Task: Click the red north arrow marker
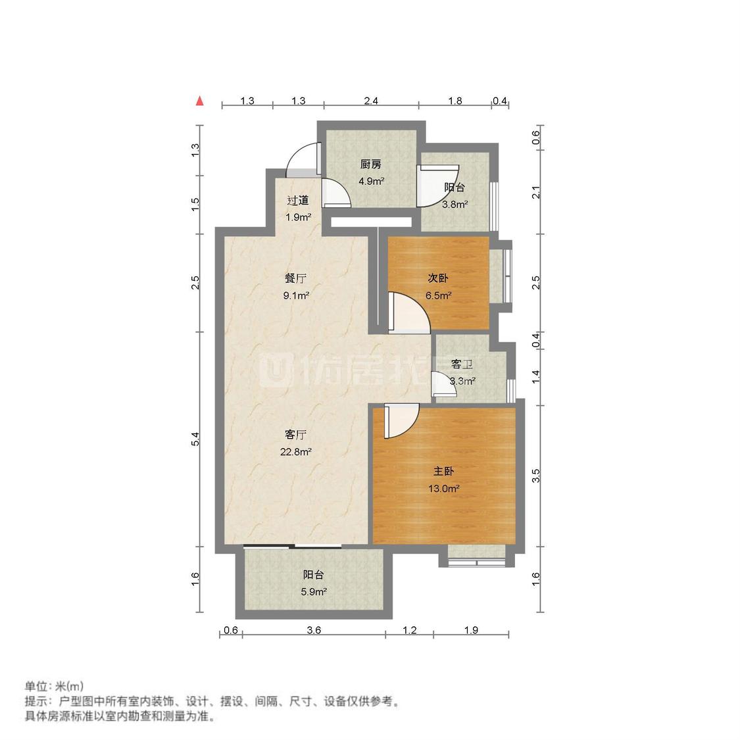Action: (199, 101)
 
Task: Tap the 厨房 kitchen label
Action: (370, 164)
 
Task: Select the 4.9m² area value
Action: (370, 181)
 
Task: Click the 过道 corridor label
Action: (297, 201)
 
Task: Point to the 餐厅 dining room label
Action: (296, 278)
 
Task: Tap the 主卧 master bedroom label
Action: (444, 472)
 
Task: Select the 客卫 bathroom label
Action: (462, 364)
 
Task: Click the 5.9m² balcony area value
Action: (314, 591)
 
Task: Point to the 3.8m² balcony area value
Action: (455, 204)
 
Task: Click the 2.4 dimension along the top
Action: (371, 101)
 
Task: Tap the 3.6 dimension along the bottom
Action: (314, 630)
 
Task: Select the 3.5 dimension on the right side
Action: (536, 476)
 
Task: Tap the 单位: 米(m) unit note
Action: (54, 686)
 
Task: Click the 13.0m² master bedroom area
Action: (445, 489)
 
